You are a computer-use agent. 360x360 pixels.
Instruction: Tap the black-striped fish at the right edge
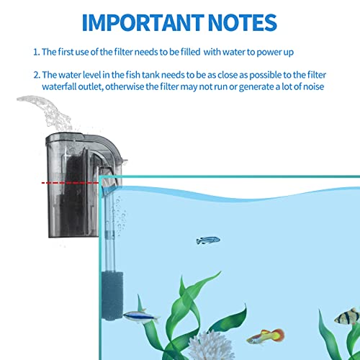click(348, 316)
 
